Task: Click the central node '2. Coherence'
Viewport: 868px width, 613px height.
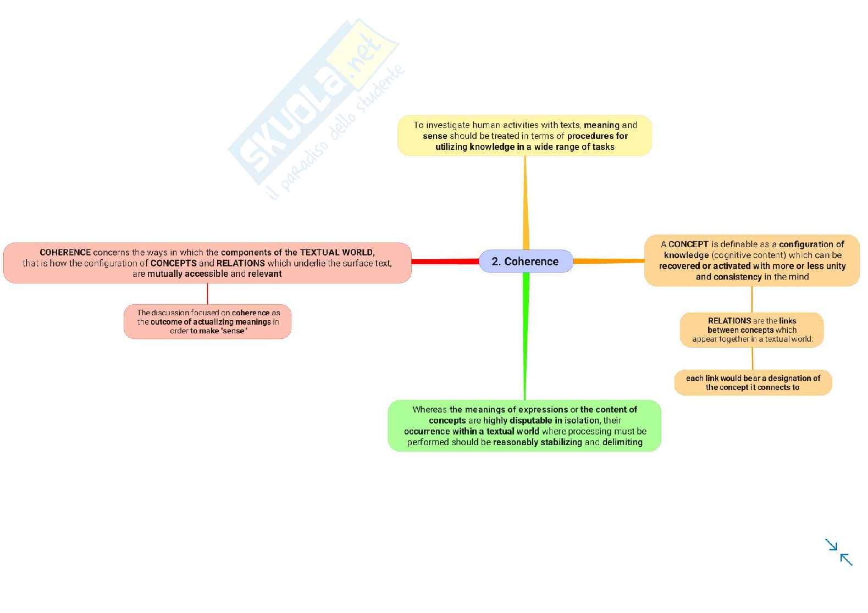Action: (525, 261)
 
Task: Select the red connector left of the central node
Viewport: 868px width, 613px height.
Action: (445, 261)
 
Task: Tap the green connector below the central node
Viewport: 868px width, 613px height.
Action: (525, 335)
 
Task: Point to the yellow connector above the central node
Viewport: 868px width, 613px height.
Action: (525, 203)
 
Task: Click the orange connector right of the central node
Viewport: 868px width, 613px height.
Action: (608, 261)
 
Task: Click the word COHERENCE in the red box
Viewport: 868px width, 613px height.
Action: (65, 253)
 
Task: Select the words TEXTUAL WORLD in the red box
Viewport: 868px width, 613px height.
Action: (337, 253)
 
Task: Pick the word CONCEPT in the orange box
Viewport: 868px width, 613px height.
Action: (688, 244)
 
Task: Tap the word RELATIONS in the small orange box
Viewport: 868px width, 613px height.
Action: (729, 321)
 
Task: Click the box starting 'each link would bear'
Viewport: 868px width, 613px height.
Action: (753, 382)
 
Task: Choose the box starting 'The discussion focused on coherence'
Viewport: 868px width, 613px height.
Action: (207, 321)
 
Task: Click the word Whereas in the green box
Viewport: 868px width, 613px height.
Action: (430, 410)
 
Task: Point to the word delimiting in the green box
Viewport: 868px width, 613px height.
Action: (622, 442)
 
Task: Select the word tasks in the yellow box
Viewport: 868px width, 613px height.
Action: (604, 147)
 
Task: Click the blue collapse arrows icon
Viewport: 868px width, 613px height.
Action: (838, 551)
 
